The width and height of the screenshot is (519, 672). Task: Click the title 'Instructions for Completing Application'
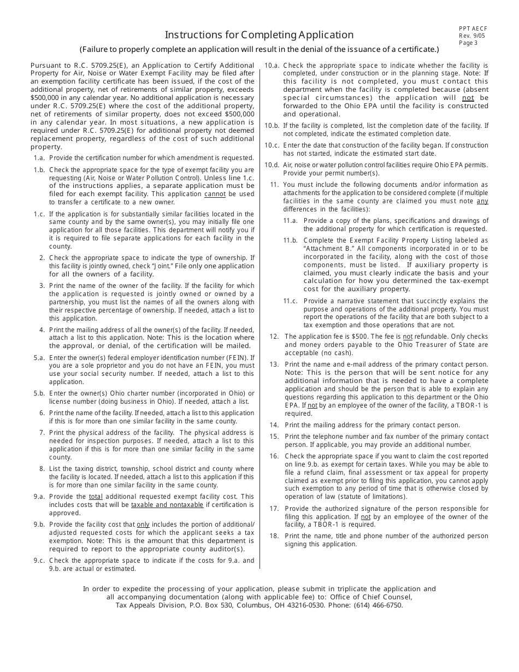pos(259,35)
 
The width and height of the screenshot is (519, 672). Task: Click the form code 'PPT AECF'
pos(473,29)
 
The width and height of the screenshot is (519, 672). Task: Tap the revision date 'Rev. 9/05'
pos(472,36)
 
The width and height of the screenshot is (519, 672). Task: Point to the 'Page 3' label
pos(468,43)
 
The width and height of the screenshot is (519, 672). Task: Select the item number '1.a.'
pos(39,158)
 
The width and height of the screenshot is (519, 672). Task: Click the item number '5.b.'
pos(39,393)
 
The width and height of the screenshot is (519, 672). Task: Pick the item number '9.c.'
pos(39,561)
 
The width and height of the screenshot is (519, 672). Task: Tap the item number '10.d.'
pos(272,165)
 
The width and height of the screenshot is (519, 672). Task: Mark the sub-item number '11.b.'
pos(290,240)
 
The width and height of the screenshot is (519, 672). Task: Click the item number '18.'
pos(274,536)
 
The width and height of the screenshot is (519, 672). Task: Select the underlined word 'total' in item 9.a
pos(96,497)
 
